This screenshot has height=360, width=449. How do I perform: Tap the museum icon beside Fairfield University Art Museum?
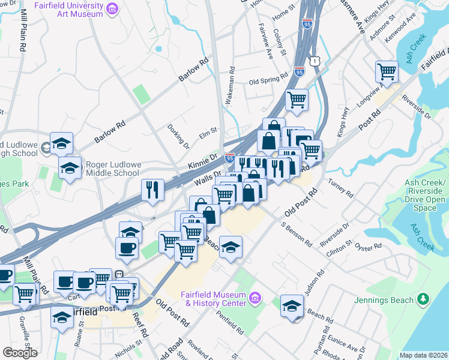point(112,9)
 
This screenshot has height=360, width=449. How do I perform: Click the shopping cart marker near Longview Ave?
point(387,71)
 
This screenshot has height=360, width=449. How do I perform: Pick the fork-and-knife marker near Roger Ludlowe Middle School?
point(152,190)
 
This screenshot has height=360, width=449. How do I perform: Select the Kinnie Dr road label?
point(201,162)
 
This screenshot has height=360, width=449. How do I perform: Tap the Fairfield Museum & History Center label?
point(215,298)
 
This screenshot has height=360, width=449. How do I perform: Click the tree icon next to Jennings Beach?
point(424,299)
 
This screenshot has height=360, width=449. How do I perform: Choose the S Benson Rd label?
point(297,235)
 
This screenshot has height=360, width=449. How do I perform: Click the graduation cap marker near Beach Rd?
point(291,305)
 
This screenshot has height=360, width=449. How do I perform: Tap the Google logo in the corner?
point(20,353)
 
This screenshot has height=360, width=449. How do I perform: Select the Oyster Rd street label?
point(369,247)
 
